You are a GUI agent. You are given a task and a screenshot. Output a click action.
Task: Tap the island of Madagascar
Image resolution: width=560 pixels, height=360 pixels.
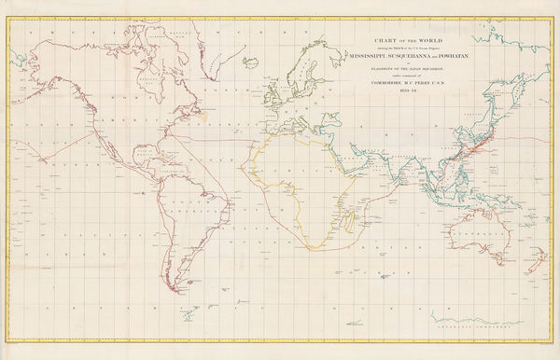[x=340, y=220]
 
